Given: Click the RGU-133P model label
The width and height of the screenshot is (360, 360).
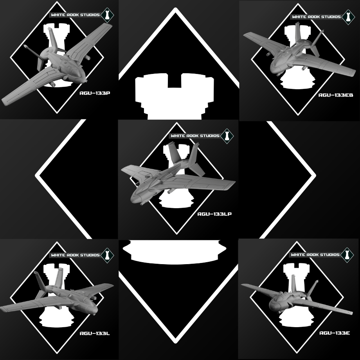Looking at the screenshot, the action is click(x=95, y=93).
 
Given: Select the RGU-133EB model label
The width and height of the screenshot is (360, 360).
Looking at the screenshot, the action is click(x=336, y=95).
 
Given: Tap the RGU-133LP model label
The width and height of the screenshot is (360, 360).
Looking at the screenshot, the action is click(x=214, y=214).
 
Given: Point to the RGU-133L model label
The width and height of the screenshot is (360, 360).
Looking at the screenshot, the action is click(x=95, y=333).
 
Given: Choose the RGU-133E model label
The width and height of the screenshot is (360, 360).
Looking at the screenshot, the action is click(x=335, y=333).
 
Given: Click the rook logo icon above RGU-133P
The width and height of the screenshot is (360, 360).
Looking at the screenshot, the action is click(x=107, y=15).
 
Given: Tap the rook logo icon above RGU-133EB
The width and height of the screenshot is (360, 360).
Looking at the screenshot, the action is click(x=348, y=17).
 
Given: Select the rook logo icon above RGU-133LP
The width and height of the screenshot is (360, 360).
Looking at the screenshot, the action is click(x=227, y=136).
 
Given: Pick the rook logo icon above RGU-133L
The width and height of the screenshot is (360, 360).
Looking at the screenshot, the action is click(x=107, y=255).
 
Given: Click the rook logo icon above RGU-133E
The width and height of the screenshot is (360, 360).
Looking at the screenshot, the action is click(x=347, y=255).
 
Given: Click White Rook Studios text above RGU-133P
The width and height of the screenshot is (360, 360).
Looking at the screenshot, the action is click(x=75, y=15).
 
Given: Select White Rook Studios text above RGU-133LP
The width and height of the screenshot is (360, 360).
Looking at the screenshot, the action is click(x=195, y=136).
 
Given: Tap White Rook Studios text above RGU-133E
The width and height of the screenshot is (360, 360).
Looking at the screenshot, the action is click(x=315, y=255).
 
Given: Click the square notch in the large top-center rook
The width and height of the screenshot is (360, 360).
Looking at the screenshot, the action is click(x=175, y=81).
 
